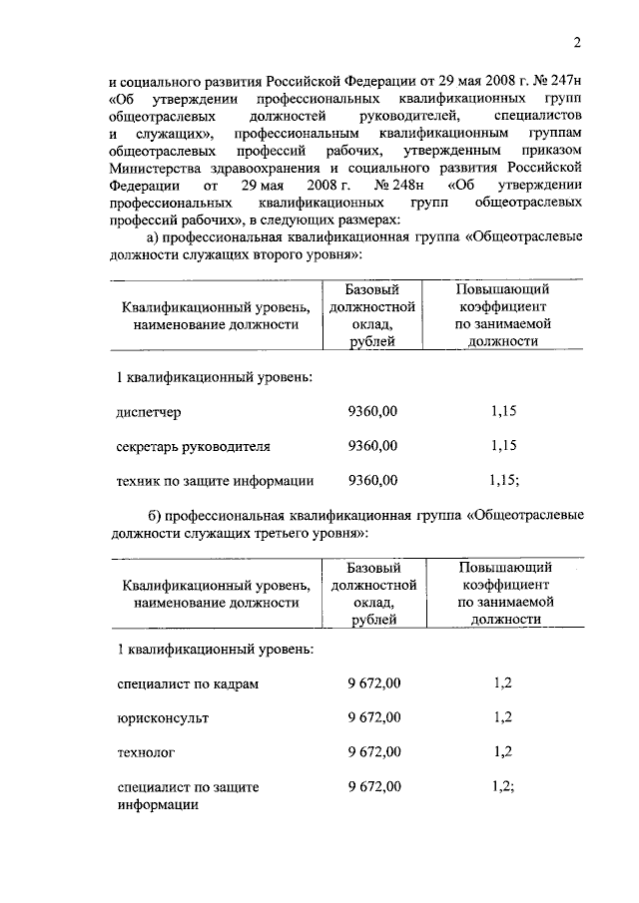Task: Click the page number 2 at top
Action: (x=577, y=42)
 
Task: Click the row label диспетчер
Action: (x=150, y=411)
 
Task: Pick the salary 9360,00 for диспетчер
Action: (x=372, y=411)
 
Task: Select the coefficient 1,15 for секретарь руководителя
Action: (x=504, y=445)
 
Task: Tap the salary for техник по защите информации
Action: (x=372, y=480)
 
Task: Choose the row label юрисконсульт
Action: (x=163, y=717)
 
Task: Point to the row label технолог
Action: (x=146, y=752)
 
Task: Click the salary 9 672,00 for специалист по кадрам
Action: (x=374, y=683)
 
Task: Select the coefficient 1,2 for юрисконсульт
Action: (x=502, y=717)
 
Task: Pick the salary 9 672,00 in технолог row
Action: (x=374, y=752)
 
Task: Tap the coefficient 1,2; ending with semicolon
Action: (x=503, y=786)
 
